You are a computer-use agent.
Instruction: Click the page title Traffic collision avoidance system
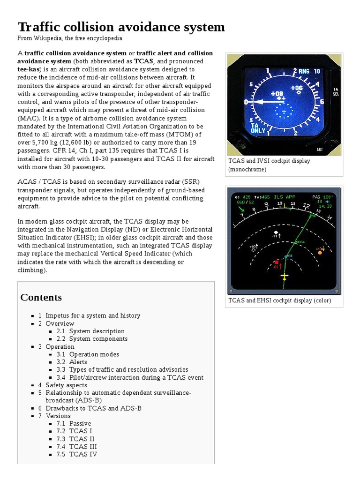tap(121, 27)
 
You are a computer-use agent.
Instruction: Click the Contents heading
tap(41, 297)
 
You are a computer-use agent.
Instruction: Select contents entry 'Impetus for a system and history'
tap(93, 316)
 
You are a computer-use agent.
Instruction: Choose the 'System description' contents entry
tap(97, 331)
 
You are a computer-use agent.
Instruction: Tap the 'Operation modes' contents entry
tap(94, 354)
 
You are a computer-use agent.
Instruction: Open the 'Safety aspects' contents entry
tap(66, 385)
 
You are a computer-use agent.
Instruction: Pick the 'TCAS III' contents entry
tap(83, 447)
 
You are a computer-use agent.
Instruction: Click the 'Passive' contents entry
tap(80, 424)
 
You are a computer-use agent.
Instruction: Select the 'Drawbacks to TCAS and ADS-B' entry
tap(93, 408)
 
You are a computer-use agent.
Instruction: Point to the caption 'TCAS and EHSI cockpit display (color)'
tap(279, 300)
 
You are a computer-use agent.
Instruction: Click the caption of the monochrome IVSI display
tap(269, 165)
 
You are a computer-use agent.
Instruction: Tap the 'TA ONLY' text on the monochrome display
tap(258, 128)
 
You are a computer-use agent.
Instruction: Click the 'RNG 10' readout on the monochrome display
tap(309, 71)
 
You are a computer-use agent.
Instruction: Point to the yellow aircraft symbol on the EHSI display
tap(285, 276)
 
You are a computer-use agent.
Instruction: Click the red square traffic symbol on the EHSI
tap(277, 262)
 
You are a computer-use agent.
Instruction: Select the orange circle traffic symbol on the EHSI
tap(320, 252)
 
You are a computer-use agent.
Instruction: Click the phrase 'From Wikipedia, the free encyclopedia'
tap(70, 38)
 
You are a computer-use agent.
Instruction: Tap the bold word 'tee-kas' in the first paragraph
tap(28, 69)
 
